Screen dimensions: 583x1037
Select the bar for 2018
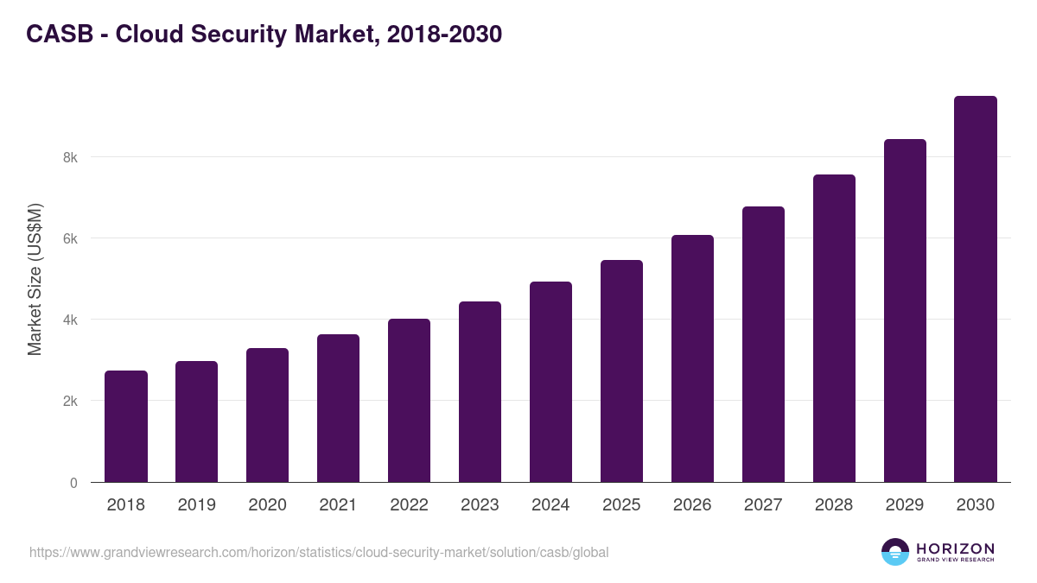[x=126, y=427]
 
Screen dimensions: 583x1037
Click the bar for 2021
[x=339, y=409]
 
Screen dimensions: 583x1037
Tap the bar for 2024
[x=550, y=382]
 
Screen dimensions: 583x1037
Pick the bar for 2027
[x=763, y=345]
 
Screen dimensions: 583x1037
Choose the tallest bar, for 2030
[x=976, y=289]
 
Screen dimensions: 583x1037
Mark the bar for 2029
[x=905, y=311]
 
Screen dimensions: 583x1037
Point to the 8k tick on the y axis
[x=69, y=157]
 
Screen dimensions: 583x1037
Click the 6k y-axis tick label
[x=69, y=238]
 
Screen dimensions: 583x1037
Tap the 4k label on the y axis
[x=69, y=320]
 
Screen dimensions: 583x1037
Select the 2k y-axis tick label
[x=69, y=402]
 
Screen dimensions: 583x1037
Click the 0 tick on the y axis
[x=73, y=483]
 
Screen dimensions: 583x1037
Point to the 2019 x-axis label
[x=197, y=505]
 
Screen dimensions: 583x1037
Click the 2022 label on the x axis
[x=409, y=505]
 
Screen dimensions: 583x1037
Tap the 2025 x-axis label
[x=621, y=505]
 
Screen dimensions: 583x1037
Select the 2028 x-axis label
[x=834, y=505]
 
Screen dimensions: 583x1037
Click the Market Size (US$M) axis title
[x=35, y=278]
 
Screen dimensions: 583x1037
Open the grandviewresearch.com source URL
[x=319, y=552]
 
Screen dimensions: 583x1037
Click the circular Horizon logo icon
[x=895, y=552]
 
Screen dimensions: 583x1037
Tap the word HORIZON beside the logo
[x=955, y=548]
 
